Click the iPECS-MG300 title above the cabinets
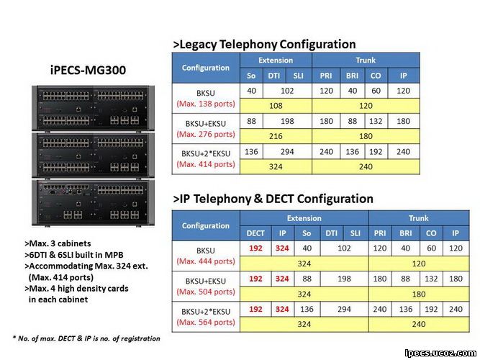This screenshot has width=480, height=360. pos(88,70)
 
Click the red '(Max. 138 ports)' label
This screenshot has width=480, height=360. pos(206,104)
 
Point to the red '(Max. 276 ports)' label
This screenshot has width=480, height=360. pos(206,134)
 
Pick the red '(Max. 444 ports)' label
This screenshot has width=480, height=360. pos(206,261)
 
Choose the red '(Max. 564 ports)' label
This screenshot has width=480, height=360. pos(206,322)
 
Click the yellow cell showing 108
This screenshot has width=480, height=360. pos(276,106)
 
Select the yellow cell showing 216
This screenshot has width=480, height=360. pos(276,136)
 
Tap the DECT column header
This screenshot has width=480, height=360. pos(255,233)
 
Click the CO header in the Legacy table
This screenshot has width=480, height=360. pos(376,76)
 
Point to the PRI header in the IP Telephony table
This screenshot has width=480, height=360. pos(379,233)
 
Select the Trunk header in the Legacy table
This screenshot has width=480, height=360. pos(366,60)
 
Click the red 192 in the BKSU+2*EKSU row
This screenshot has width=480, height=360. pos(255,309)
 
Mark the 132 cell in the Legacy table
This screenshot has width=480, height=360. pos(376,122)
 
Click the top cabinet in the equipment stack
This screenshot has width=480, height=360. pos(93,109)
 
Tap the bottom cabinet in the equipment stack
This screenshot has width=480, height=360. pos(93,203)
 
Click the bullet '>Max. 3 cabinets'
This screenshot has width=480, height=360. pos(58,243)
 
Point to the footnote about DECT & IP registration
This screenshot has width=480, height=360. pos(86,338)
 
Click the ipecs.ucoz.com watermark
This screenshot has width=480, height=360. pos(440,354)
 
